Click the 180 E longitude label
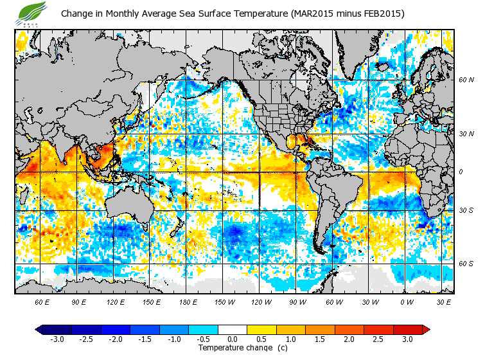point(188,301)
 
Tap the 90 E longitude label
point(79,301)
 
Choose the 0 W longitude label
point(407,301)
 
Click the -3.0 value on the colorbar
point(57,339)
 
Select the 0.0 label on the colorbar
point(232,339)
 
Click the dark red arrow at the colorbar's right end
point(425,330)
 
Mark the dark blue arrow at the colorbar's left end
point(39,330)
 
